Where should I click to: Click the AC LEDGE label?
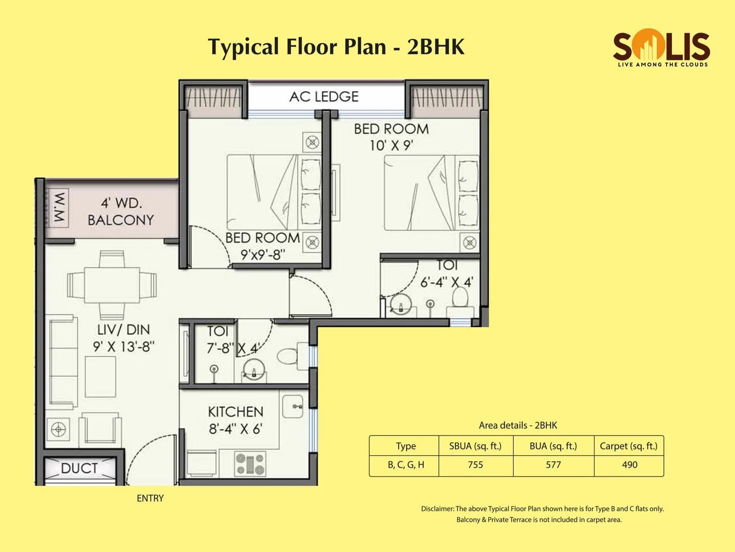click(324, 97)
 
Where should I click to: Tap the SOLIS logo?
click(661, 48)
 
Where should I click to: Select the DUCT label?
click(79, 468)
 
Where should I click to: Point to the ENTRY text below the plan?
click(150, 498)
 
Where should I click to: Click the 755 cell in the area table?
click(475, 465)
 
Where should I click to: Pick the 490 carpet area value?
click(629, 465)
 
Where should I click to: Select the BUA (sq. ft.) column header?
click(553, 446)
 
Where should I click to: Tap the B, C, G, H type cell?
click(406, 465)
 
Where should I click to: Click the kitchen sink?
click(293, 406)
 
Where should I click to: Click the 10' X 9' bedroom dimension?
click(391, 145)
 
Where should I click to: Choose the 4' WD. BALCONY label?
click(121, 211)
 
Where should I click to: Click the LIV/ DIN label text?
click(124, 329)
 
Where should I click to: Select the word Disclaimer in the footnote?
click(437, 509)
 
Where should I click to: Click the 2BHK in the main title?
click(435, 47)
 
